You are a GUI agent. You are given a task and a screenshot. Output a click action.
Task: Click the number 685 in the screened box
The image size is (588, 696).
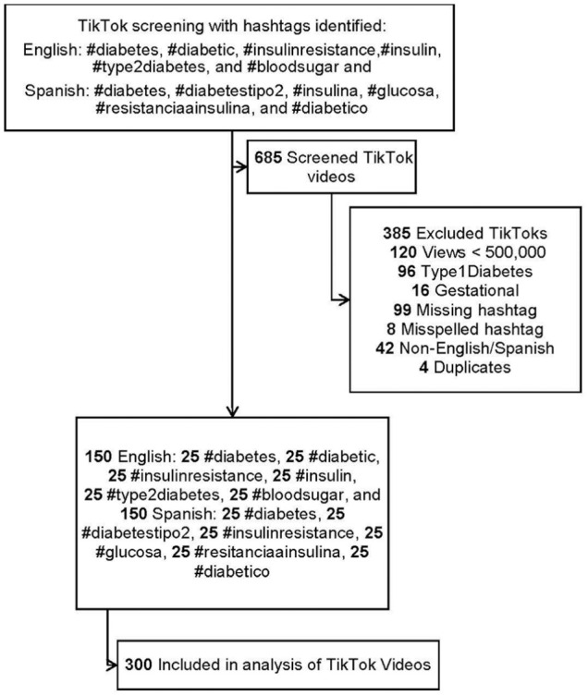(268, 157)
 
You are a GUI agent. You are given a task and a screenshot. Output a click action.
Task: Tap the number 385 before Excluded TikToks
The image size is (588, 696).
(397, 234)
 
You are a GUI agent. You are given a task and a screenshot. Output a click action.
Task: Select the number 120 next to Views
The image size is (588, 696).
(403, 252)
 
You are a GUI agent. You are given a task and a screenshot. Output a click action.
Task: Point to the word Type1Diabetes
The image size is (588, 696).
(476, 272)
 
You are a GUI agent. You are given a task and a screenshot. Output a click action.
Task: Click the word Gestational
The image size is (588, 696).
(476, 291)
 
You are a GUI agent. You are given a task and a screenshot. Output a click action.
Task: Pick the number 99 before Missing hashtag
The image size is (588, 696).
(402, 310)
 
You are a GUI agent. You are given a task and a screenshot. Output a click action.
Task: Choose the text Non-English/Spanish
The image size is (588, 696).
(477, 348)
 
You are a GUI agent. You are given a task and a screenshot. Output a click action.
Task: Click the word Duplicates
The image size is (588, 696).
(472, 367)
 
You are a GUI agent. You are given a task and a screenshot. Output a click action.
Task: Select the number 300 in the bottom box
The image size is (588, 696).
(139, 665)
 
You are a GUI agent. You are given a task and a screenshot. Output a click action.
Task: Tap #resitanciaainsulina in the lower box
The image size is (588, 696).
(269, 552)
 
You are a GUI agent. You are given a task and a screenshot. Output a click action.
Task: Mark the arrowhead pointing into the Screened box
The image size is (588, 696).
(242, 167)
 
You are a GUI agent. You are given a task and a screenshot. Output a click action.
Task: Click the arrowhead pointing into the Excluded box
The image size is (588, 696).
(344, 300)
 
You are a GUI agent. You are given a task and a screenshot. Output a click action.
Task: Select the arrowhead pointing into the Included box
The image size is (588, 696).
(113, 665)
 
